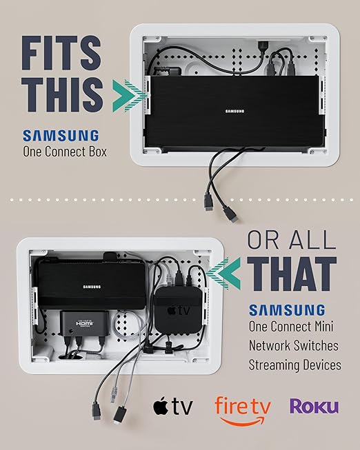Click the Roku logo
tap(314, 405)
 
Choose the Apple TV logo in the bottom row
tap(172, 407)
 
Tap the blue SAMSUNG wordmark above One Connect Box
tap(61, 135)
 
